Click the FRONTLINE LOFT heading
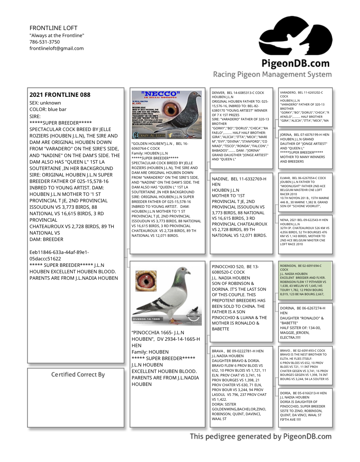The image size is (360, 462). point(53,28)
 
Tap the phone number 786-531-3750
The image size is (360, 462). point(45,42)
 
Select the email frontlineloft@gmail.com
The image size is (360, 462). point(57,48)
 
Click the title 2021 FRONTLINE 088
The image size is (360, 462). point(60,95)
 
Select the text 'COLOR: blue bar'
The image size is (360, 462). point(48,109)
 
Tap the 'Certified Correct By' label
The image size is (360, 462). point(78,375)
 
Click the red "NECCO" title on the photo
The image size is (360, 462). point(160,94)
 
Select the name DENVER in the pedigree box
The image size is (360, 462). point(218,93)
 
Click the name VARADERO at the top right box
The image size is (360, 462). point(288,93)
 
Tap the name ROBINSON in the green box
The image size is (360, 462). point(288,266)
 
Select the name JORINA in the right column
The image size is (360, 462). point(286,135)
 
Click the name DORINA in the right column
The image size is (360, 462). point(287,308)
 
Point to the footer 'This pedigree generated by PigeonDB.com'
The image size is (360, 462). point(261,437)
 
